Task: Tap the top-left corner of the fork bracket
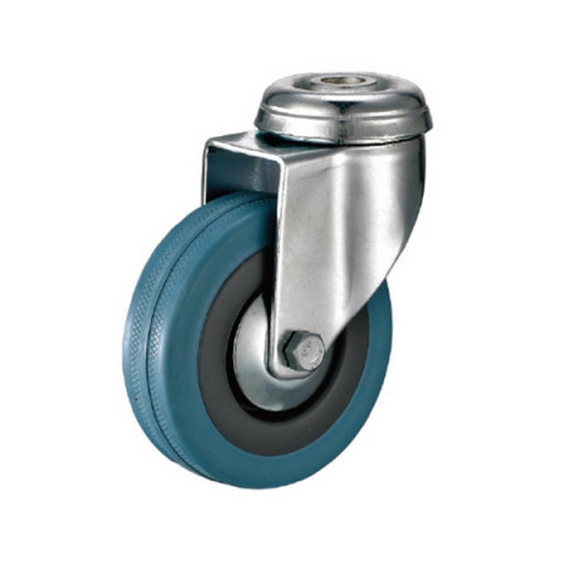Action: tap(208, 141)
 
